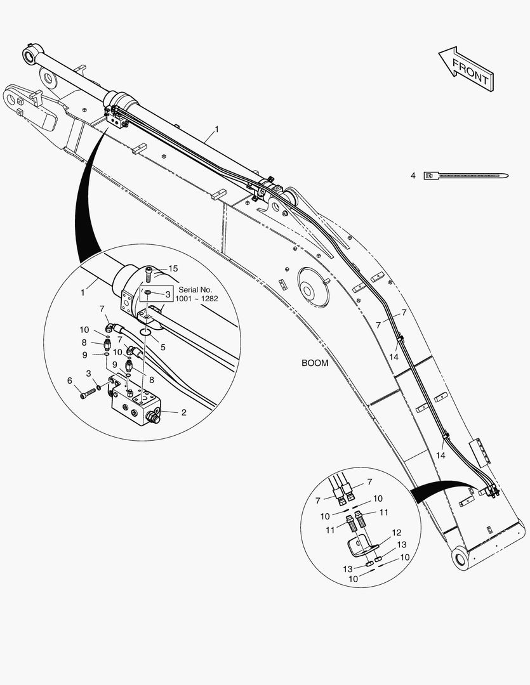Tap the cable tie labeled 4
[466, 176]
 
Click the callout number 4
[413, 176]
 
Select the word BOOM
[315, 363]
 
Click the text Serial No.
[195, 290]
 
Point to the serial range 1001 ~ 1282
[196, 299]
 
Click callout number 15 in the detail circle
[173, 269]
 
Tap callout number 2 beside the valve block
[183, 412]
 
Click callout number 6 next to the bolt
[70, 381]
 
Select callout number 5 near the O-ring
[162, 348]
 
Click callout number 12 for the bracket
[397, 533]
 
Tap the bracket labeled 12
[361, 547]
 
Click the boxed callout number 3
[168, 294]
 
